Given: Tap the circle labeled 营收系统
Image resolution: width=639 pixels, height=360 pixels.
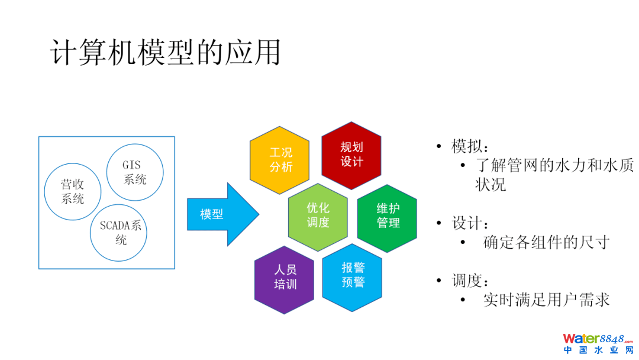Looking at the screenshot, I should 73,191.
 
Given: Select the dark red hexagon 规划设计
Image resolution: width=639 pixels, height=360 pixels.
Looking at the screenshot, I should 351,155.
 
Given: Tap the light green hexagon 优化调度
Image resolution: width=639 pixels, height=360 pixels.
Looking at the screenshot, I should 318,215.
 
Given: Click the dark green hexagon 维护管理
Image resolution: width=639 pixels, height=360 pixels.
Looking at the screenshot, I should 388,215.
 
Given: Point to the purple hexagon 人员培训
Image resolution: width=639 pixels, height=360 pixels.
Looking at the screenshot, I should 284,277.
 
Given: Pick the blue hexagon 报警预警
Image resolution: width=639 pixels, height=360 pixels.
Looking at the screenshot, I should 353,275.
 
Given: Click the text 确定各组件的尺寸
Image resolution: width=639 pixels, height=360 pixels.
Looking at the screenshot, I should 546,242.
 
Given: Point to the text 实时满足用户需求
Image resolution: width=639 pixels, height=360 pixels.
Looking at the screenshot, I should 546,300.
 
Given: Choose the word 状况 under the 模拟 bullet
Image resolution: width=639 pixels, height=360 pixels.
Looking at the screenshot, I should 490,184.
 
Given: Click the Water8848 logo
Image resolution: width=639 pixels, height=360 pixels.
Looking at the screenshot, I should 598,339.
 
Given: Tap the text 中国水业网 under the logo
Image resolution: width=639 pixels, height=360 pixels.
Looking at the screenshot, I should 598,351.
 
